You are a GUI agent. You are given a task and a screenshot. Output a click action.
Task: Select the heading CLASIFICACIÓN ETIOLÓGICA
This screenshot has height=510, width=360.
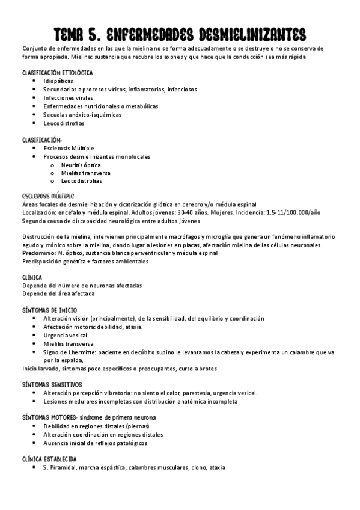pyautogui.click(x=58, y=72)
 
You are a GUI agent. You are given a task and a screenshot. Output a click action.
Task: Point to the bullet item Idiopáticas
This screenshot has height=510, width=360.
pyautogui.click(x=58, y=80)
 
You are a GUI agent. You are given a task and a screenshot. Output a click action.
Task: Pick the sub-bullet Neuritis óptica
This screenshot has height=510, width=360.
pyautogui.click(x=81, y=165)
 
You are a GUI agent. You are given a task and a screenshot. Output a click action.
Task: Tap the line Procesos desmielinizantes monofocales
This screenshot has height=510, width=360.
pyautogui.click(x=97, y=156)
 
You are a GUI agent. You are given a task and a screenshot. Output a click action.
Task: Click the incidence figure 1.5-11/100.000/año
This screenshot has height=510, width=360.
pyautogui.click(x=296, y=212)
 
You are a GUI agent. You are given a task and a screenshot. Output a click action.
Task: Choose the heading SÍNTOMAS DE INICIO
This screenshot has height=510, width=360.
pyautogui.click(x=53, y=310)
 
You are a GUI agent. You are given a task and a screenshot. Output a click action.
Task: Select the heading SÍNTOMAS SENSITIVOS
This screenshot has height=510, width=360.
pyautogui.click(x=52, y=384)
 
